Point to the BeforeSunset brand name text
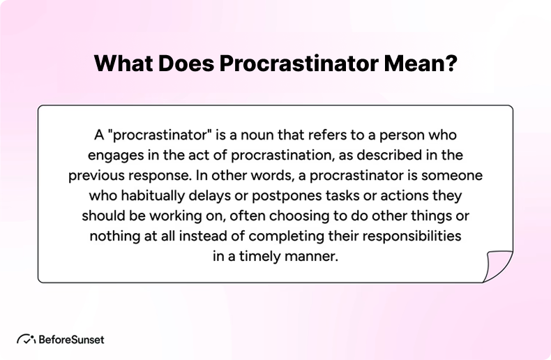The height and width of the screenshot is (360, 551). tap(72, 340)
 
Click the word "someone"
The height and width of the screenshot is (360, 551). tap(456, 174)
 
